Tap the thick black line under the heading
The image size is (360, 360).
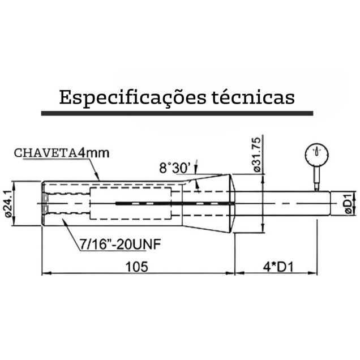coord(177,114)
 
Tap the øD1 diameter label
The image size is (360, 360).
coord(347,203)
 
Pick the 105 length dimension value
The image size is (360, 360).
coord(137,266)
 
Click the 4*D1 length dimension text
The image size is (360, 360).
coord(281,266)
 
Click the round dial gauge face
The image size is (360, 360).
coord(315,153)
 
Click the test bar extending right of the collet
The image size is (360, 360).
coord(283,202)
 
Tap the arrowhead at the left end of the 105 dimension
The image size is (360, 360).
coord(46,273)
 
